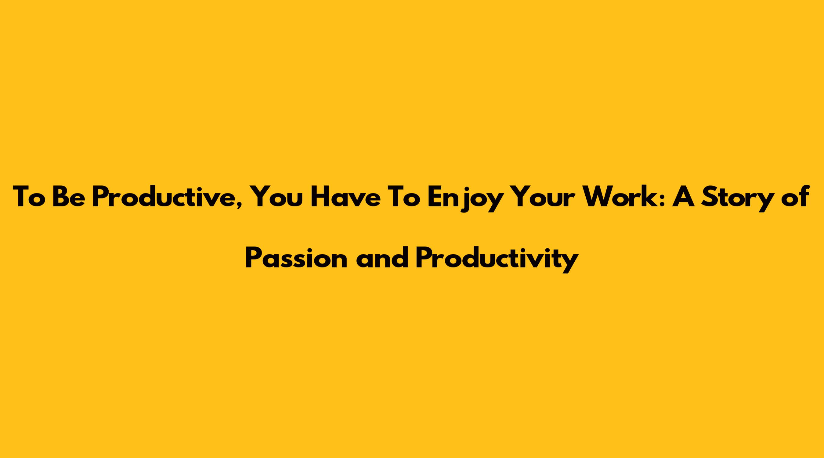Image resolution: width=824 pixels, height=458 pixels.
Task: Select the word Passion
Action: coord(296,258)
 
